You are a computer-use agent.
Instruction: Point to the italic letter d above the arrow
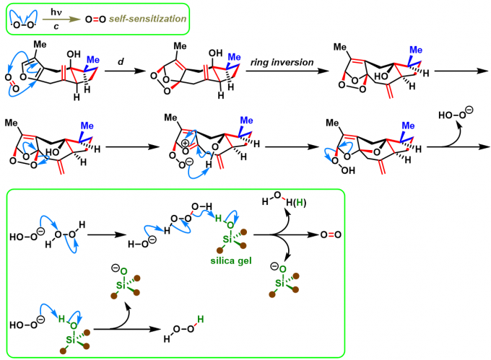point(121,61)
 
